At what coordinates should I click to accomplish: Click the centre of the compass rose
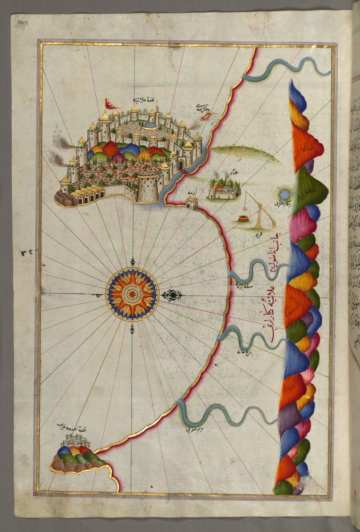click(132, 294)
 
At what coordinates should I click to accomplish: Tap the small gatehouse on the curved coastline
click(191, 202)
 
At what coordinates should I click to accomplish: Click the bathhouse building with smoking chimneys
click(224, 189)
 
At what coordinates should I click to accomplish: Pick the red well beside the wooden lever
click(244, 218)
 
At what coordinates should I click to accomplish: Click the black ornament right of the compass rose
click(172, 294)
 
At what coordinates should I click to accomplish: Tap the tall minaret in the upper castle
click(157, 109)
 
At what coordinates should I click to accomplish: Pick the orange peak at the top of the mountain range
click(307, 146)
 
